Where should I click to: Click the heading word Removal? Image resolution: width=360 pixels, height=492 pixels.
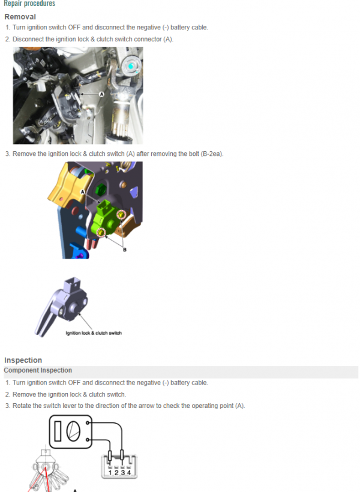coord(20,17)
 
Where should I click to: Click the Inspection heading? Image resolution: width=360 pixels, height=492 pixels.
coord(23,360)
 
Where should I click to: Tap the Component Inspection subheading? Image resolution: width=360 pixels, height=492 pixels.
coord(38,370)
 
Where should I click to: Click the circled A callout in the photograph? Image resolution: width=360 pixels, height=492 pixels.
coord(101,94)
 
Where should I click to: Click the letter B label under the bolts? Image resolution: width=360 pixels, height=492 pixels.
coord(125,250)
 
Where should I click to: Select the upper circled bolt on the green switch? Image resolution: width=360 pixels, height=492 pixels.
coord(121,215)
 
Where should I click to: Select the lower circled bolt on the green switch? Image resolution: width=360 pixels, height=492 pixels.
coord(101,233)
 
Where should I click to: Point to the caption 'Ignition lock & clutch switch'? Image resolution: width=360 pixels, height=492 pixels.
coord(94,333)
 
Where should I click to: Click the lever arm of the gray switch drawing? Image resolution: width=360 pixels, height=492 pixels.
coord(46,320)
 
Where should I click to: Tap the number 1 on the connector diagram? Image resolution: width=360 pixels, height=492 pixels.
coord(110,472)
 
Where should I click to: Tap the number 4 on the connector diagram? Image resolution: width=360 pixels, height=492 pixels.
coord(129,472)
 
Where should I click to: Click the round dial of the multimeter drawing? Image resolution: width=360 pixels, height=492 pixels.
coord(73,431)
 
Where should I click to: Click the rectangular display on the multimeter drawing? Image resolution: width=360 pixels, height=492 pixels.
coord(58,431)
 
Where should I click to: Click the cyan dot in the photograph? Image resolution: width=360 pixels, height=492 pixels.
coord(131,66)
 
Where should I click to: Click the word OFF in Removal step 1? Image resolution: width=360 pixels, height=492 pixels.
coord(74,27)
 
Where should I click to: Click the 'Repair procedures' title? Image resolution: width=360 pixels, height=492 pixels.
coord(29,4)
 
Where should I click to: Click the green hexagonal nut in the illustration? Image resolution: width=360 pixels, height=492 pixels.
coord(101,190)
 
